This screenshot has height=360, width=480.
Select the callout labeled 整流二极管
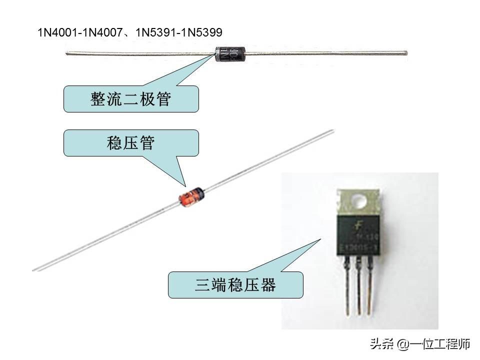pos(131,99)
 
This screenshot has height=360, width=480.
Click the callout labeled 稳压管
pos(131,143)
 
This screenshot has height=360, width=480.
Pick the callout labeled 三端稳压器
pos(235,285)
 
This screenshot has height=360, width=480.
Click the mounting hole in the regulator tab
pos(359,201)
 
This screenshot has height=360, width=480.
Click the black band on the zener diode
pos(199,190)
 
